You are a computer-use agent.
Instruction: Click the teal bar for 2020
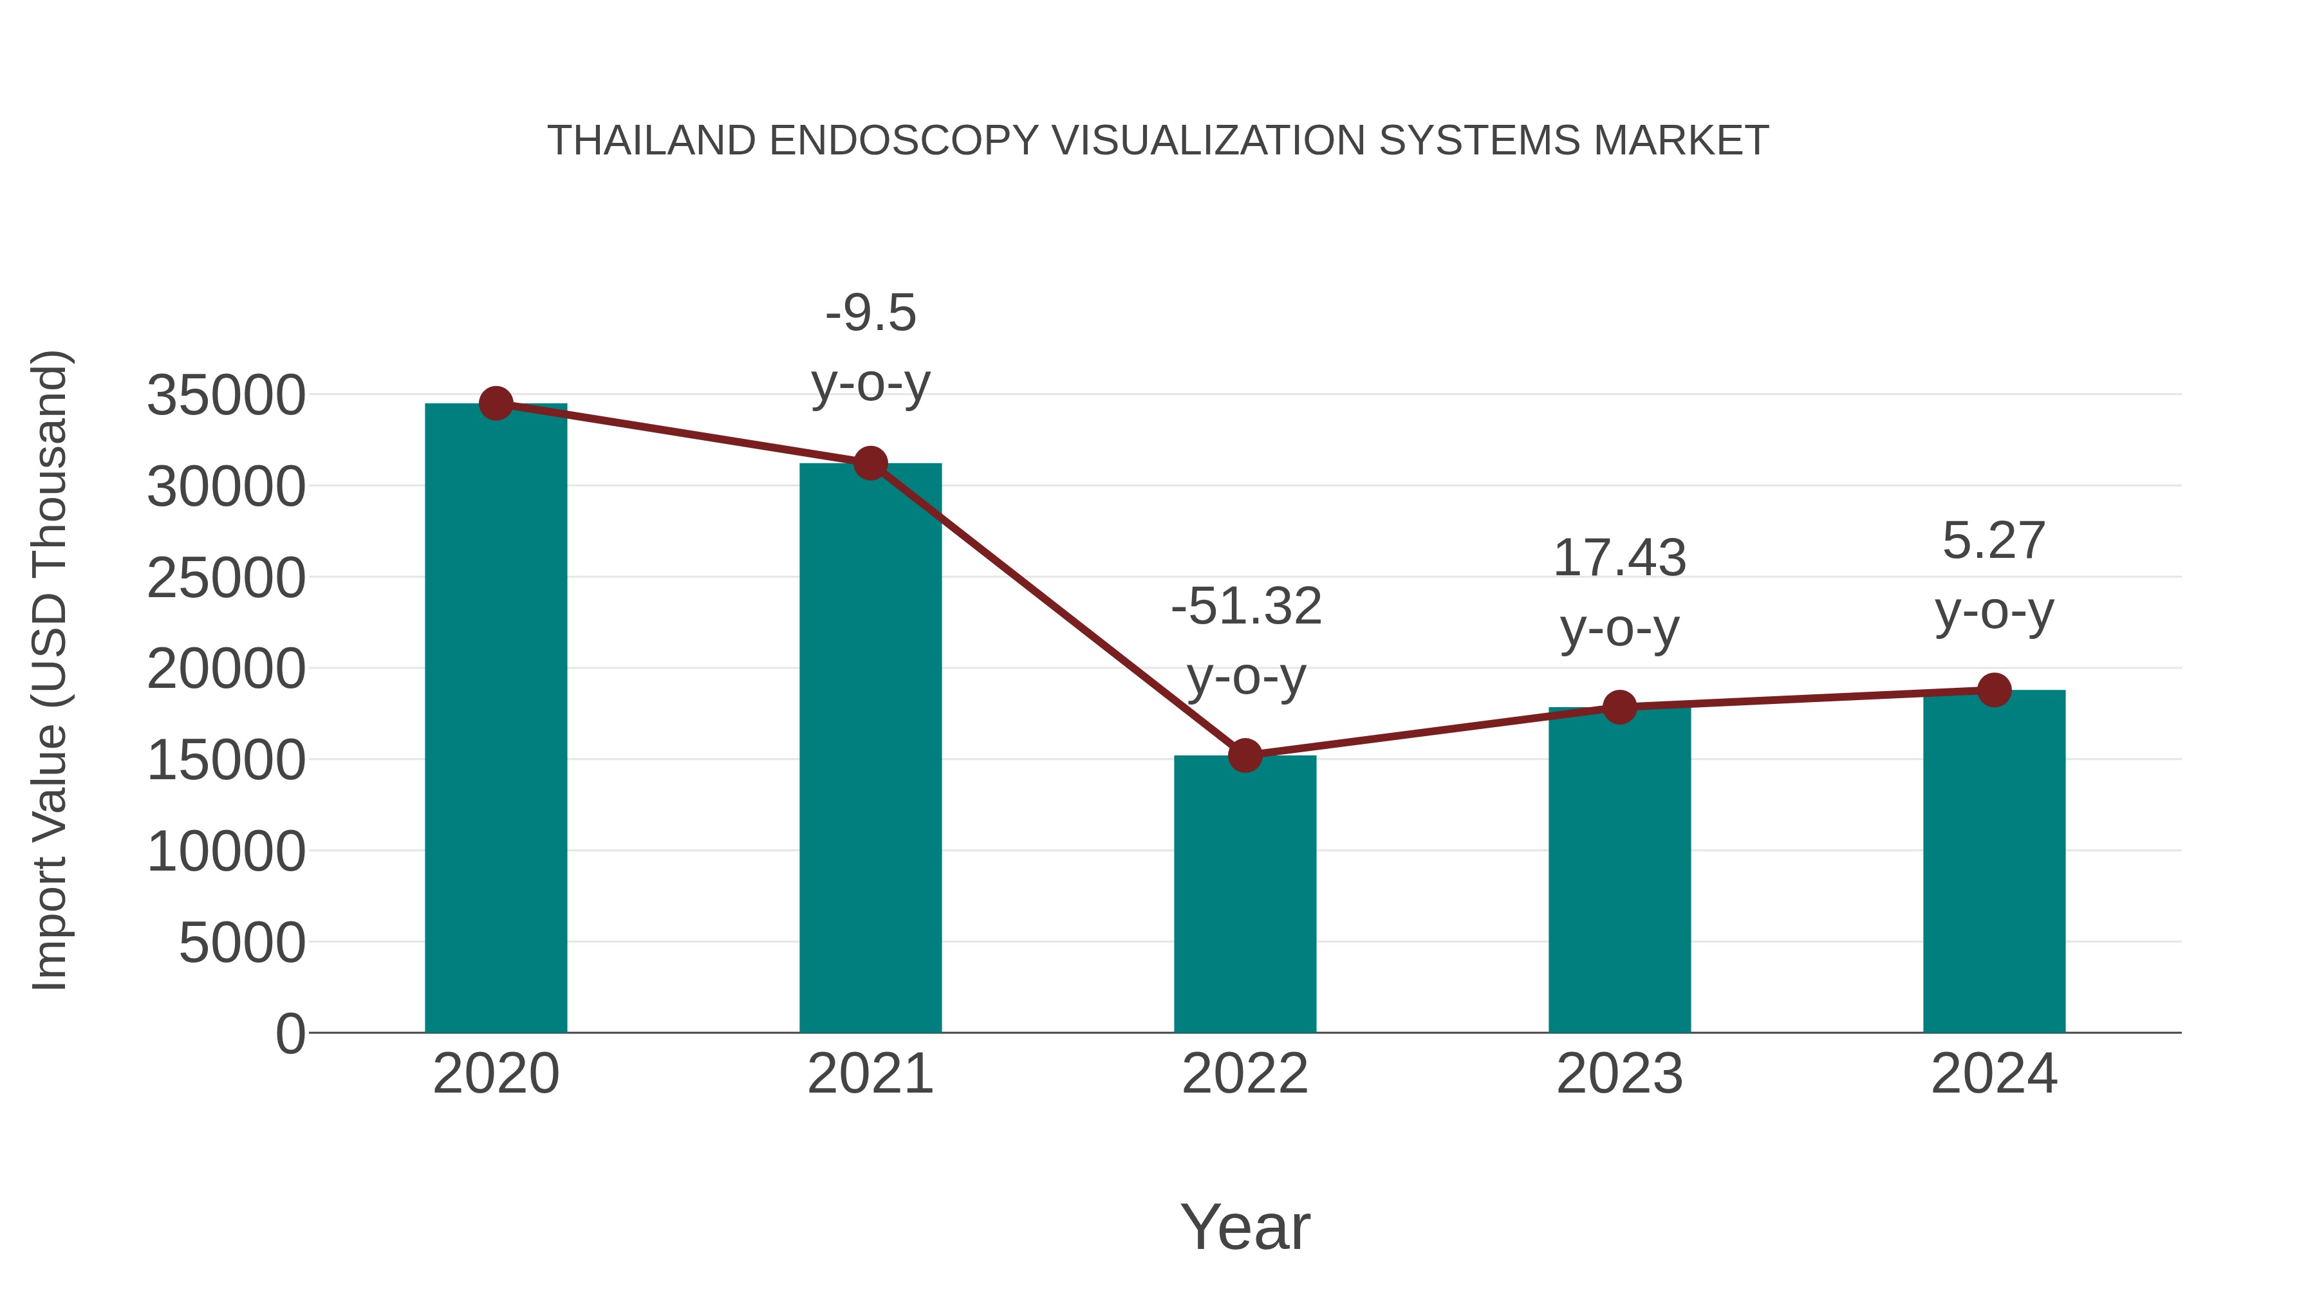tap(496, 719)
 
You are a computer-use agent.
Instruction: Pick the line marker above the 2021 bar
tap(870, 464)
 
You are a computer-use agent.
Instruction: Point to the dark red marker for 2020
tap(496, 403)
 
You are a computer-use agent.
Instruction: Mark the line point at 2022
tap(1245, 756)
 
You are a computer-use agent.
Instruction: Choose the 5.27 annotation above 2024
tap(1994, 541)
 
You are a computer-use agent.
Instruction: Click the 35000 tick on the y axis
tap(226, 396)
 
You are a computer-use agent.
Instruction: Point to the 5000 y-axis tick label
tap(242, 943)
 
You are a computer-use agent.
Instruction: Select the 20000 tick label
tap(226, 669)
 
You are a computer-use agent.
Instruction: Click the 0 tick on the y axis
tap(290, 1034)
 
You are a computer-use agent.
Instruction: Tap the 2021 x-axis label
tap(870, 1074)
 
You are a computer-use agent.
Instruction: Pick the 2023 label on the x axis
tap(1619, 1074)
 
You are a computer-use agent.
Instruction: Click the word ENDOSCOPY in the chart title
tap(904, 141)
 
